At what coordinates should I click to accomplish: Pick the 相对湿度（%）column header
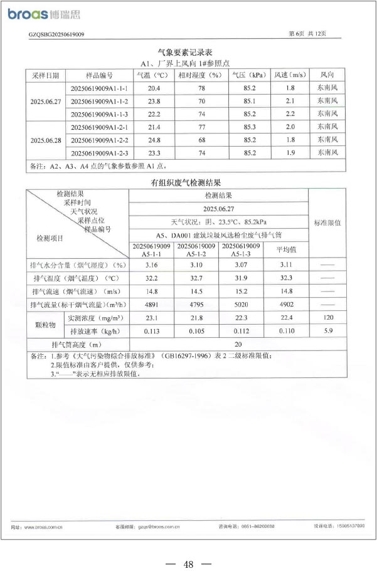(201, 75)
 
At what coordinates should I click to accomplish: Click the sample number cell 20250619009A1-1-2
(100, 102)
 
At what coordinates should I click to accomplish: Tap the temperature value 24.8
(155, 140)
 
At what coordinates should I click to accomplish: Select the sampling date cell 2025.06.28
(46, 140)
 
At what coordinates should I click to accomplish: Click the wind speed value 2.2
(290, 114)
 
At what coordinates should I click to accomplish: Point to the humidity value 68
(201, 140)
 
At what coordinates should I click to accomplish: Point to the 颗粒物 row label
(45, 325)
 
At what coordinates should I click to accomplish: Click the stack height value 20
(237, 345)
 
